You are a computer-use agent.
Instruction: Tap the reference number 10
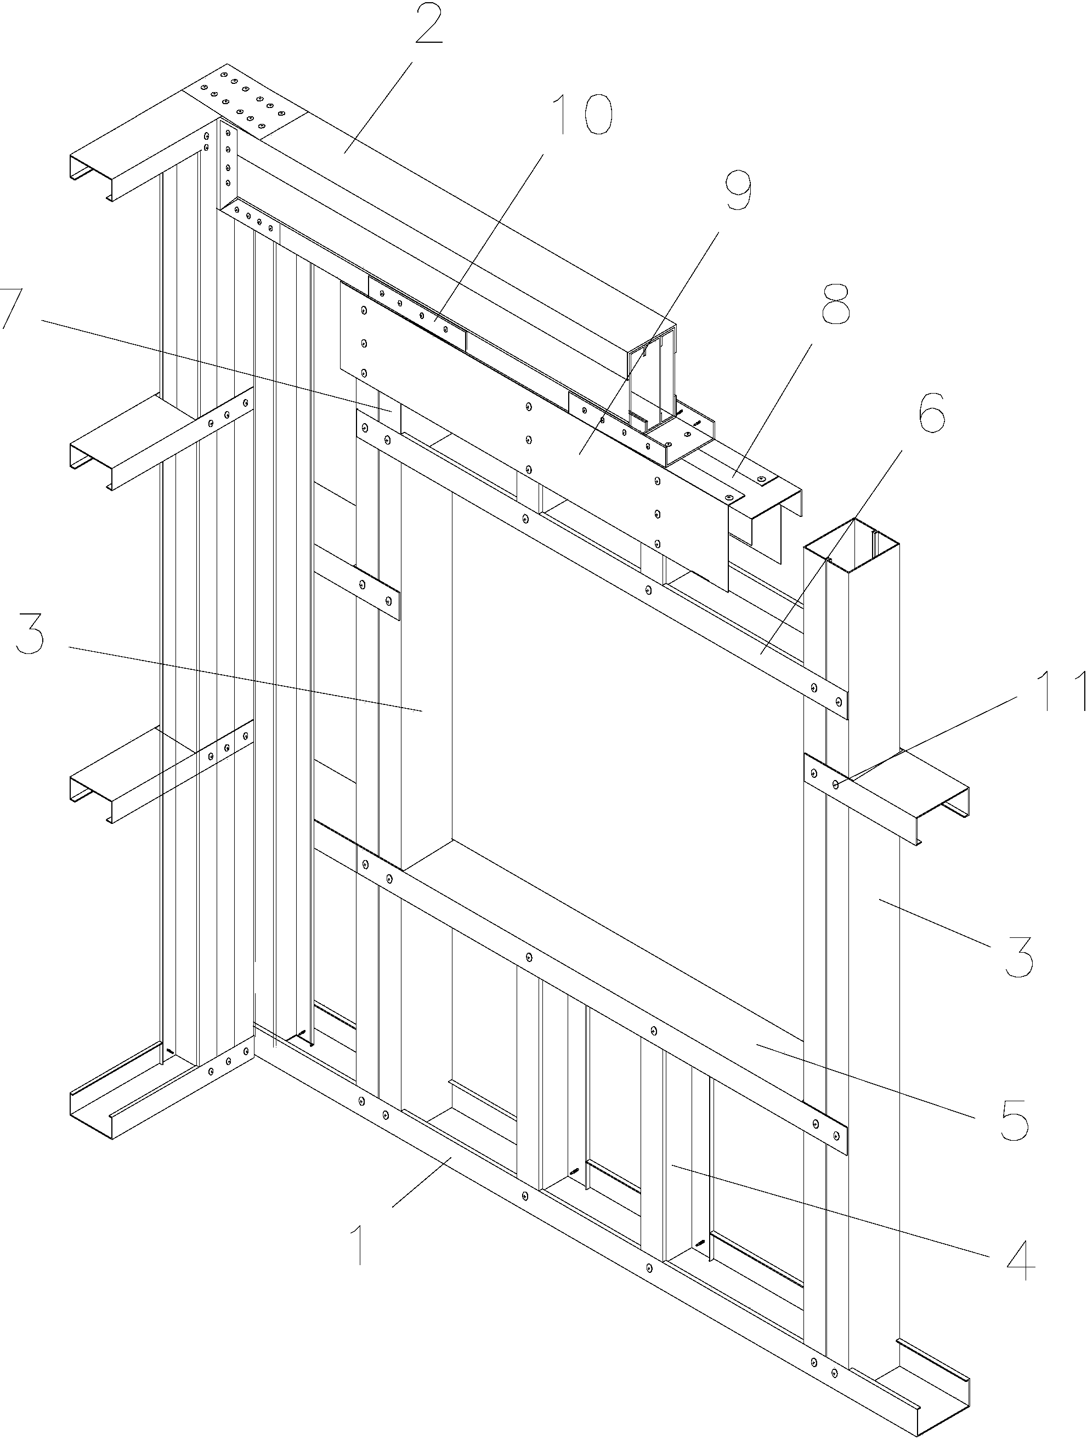581,115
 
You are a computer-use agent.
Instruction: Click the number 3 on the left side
31,636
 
